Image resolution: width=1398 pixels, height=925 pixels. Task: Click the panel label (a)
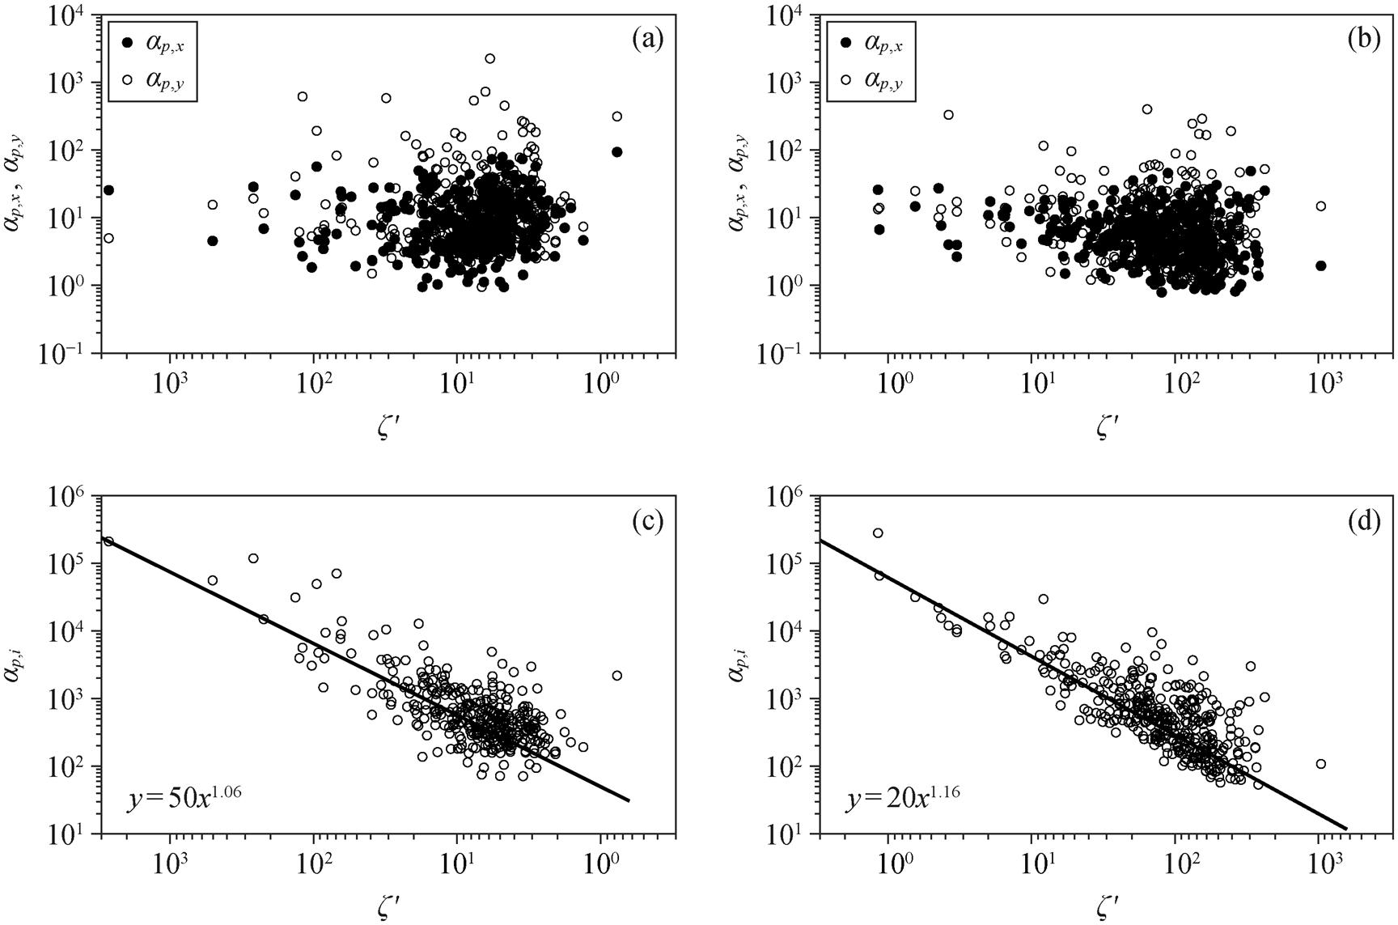tap(648, 38)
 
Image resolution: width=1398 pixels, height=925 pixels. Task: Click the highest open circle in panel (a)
tap(490, 58)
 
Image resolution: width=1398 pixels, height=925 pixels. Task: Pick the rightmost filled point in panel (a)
tap(616, 151)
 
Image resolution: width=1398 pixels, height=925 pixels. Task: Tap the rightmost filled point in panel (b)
tap(1320, 265)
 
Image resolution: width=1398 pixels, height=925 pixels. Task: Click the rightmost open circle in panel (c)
tap(616, 675)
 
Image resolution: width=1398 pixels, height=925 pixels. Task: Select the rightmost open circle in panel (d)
tap(1320, 763)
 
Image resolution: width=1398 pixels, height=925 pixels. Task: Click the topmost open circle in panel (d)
tap(878, 533)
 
